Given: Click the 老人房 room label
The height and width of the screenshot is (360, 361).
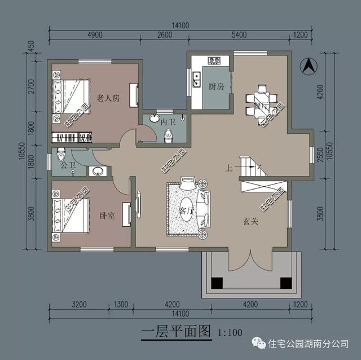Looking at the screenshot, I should click(108, 98).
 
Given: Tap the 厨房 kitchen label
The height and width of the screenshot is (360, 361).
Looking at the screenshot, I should click(217, 87).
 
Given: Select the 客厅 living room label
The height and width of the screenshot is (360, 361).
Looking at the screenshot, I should click(186, 210).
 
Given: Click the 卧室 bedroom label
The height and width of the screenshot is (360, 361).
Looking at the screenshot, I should click(107, 216).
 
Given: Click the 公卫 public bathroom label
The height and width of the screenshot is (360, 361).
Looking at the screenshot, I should click(68, 165).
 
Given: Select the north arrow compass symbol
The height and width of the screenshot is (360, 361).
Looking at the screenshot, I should click(309, 65).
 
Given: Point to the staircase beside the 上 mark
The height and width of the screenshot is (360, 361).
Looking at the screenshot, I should click(251, 167).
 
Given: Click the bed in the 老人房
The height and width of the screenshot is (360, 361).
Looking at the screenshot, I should click(71, 96).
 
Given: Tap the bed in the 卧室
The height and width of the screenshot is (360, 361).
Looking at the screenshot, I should click(71, 214).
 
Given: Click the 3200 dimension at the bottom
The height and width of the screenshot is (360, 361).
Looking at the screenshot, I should click(78, 305).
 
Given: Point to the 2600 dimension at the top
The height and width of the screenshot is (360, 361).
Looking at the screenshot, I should click(164, 35).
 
